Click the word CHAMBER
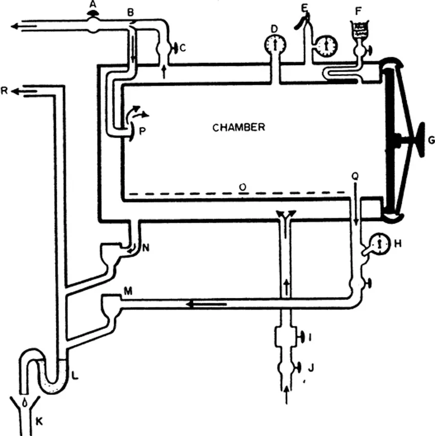point(238,127)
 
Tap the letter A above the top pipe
point(92,5)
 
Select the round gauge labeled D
point(275,45)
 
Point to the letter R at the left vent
point(5,92)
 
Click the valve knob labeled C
point(175,48)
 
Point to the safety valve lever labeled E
point(303,20)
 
